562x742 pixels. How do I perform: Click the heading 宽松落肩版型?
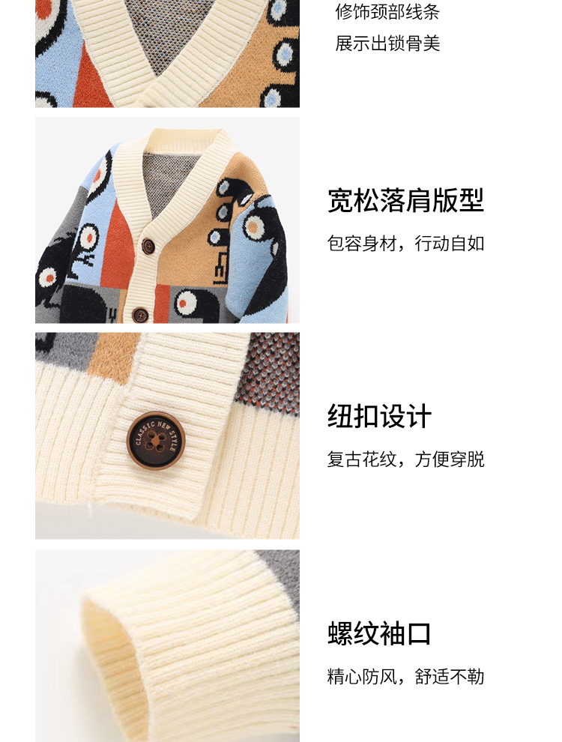[405, 200]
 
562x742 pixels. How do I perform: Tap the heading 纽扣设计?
[379, 417]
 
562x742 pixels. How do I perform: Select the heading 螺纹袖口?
[379, 633]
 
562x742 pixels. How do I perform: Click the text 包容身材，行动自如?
[405, 244]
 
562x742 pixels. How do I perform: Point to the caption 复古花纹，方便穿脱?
[405, 459]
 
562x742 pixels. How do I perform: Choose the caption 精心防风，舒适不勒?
[405, 676]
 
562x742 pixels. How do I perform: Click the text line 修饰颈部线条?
[387, 12]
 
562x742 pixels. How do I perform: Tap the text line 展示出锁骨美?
[387, 43]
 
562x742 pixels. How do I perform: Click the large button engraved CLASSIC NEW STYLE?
[156, 440]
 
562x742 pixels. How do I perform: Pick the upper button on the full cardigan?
[148, 246]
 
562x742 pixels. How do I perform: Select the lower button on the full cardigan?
[140, 314]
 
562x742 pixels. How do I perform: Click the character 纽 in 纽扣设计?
[339, 417]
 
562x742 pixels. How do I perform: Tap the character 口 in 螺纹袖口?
[419, 633]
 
